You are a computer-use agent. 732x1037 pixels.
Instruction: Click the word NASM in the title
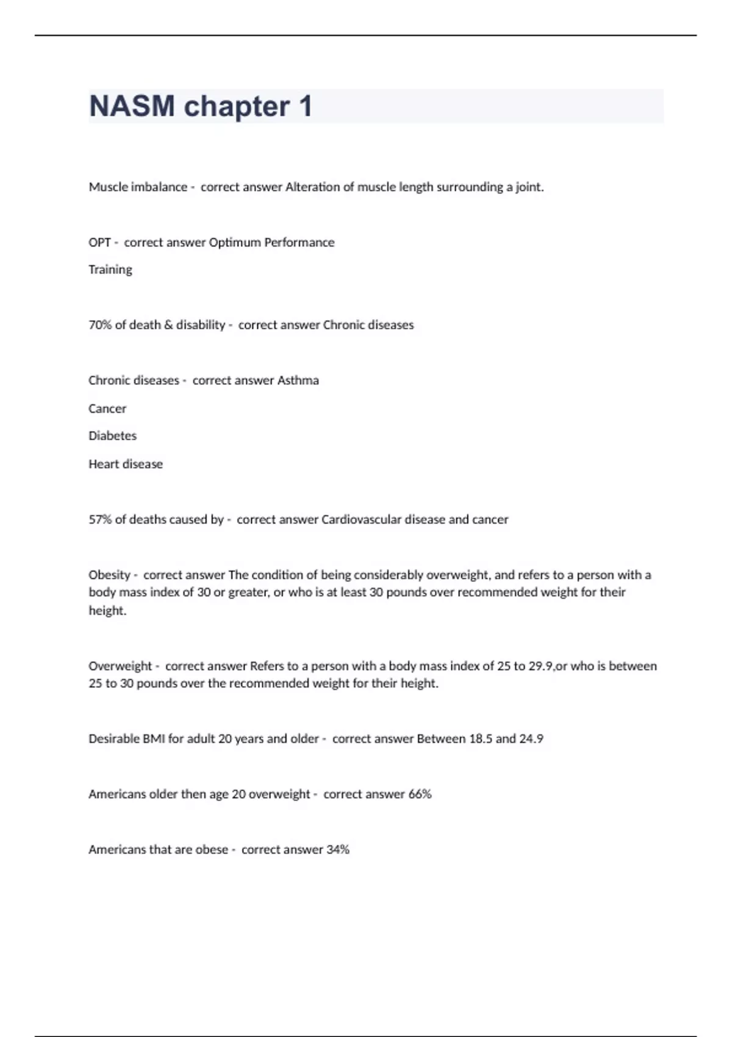point(132,106)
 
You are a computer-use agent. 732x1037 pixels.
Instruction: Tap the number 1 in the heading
point(306,106)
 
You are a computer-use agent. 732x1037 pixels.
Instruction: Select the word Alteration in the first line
point(312,187)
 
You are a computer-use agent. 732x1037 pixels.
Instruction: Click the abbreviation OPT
point(99,242)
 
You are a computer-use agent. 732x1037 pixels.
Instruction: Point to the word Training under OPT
point(110,270)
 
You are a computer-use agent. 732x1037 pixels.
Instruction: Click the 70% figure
point(100,325)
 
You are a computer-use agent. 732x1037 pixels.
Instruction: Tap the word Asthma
point(298,381)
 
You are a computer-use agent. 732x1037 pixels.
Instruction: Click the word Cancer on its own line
point(107,409)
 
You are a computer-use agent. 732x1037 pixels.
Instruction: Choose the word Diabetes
point(112,436)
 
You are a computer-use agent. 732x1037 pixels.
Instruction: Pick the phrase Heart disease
point(126,464)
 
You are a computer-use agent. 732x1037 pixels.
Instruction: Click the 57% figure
point(100,520)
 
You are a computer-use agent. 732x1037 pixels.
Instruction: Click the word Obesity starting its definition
point(109,575)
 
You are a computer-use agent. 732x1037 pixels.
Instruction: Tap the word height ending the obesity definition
point(107,611)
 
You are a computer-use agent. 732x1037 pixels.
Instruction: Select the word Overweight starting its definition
point(120,666)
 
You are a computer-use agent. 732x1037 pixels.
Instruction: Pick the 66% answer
point(420,794)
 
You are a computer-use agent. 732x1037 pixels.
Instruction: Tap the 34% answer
point(337,850)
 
